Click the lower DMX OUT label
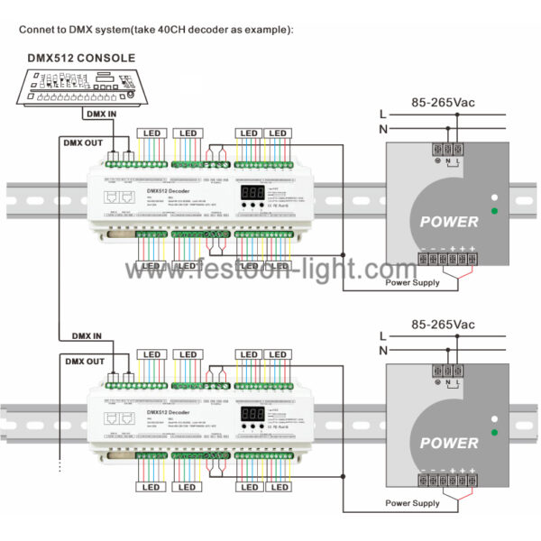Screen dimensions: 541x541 tap(82, 362)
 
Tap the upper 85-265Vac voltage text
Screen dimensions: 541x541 tap(442, 102)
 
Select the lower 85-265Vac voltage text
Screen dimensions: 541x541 tap(442, 324)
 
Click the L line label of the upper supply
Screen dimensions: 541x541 tap(383, 114)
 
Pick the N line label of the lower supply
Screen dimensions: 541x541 tap(383, 350)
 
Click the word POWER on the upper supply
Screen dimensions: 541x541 tap(449, 221)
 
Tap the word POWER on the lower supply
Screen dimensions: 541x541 tap(449, 444)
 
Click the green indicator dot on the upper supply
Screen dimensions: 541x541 tap(493, 211)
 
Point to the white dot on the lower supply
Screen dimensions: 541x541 tap(493, 419)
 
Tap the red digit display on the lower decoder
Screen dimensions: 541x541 tap(252, 413)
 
